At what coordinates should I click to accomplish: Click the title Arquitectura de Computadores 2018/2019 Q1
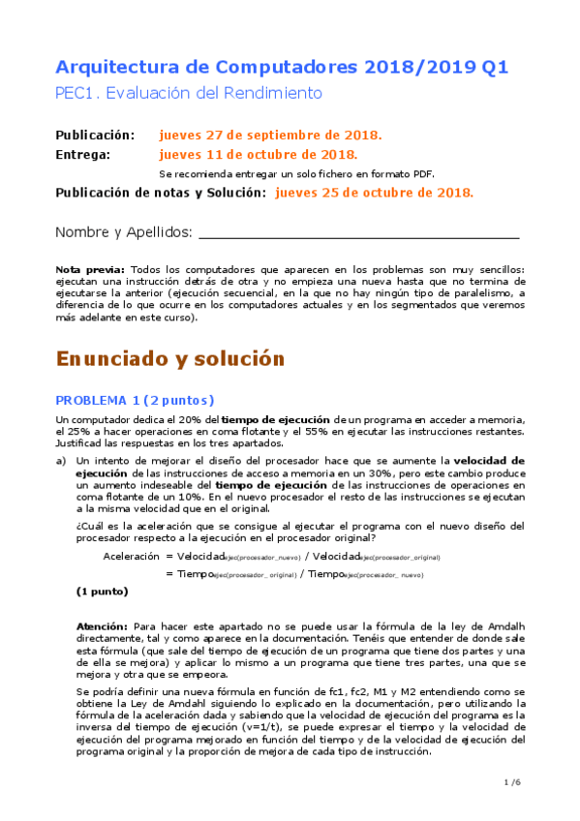282,68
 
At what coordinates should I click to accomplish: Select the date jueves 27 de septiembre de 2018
270,135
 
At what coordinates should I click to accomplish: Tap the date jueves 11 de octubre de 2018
259,154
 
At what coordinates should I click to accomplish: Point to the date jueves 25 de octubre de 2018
375,193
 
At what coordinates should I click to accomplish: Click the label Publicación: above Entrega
95,135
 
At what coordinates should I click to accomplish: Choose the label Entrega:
83,154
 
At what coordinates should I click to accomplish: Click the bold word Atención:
102,627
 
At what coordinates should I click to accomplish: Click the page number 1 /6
512,781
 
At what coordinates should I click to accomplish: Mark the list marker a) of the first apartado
61,460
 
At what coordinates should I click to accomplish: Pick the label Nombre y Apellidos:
124,233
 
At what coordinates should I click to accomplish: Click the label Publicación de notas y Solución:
161,193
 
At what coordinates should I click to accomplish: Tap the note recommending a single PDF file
296,173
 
